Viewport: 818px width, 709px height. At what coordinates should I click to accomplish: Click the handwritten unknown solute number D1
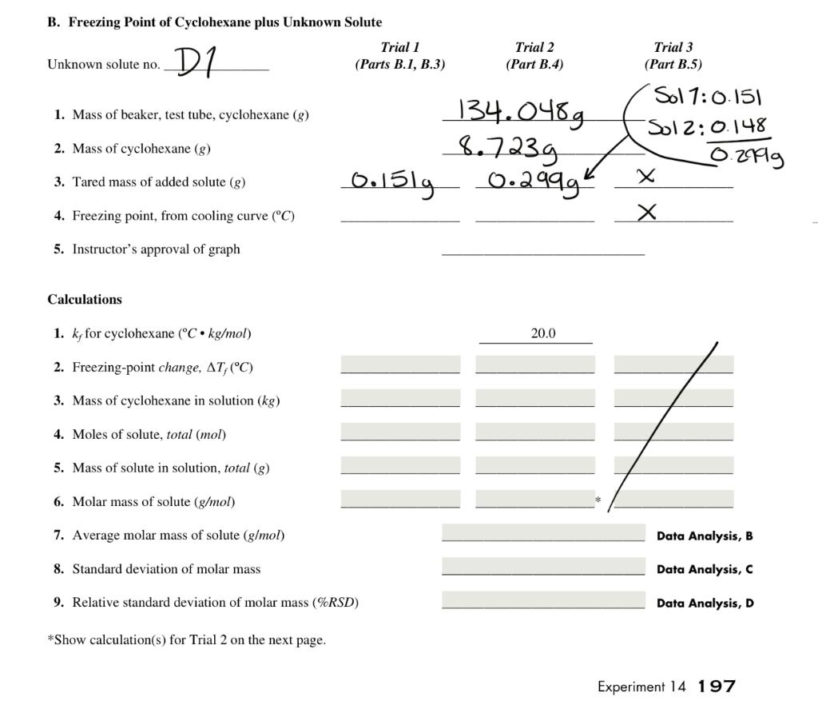(x=193, y=62)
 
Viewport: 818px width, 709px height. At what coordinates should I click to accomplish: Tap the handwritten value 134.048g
(x=519, y=113)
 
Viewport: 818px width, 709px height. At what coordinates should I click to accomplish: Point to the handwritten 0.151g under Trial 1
(x=393, y=183)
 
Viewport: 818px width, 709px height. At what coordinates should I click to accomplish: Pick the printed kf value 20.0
(x=542, y=333)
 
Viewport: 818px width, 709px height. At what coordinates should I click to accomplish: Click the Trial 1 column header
(x=399, y=56)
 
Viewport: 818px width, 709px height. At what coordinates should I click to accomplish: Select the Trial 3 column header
(x=673, y=56)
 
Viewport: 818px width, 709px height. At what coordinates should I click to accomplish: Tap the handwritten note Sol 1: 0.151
(x=708, y=98)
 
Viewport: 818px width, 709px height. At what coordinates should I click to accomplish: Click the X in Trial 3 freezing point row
(x=648, y=211)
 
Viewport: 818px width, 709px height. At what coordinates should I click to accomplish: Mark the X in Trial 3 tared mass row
(x=647, y=176)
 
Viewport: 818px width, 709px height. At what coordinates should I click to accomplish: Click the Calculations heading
(x=85, y=300)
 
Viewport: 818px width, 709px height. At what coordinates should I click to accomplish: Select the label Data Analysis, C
(x=704, y=569)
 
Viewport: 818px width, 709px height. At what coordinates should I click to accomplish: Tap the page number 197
(x=716, y=686)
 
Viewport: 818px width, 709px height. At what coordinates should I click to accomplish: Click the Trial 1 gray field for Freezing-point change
(x=400, y=365)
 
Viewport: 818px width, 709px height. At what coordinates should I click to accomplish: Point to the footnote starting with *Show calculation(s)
(x=186, y=639)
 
